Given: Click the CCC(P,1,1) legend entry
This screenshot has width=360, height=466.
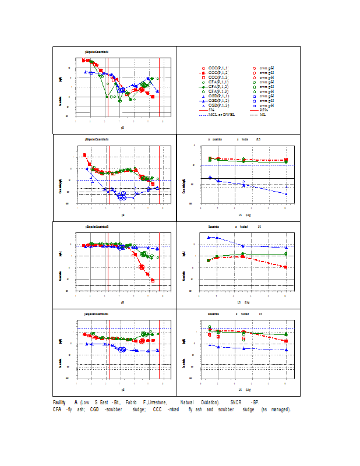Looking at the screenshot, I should click(219, 68).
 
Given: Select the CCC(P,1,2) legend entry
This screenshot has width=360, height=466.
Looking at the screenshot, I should click(219, 73).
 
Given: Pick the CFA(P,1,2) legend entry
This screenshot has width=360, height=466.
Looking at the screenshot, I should click(219, 87).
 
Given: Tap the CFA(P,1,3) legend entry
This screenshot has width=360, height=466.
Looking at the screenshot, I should click(219, 91).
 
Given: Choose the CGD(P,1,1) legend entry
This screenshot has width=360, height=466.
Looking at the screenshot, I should click(219, 96).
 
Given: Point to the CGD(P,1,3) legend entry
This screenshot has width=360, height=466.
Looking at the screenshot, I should click(219, 105).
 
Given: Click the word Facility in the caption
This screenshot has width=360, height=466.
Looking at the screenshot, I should click(59, 403).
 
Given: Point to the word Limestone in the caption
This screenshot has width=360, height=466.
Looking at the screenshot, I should click(156, 403).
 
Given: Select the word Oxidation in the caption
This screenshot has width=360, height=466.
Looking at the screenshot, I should click(207, 403).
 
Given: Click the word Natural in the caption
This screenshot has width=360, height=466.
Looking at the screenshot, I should click(186, 403).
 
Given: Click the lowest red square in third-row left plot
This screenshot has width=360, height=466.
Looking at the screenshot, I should click(153, 281).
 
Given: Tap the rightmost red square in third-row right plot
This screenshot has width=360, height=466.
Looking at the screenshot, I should click(285, 267).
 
